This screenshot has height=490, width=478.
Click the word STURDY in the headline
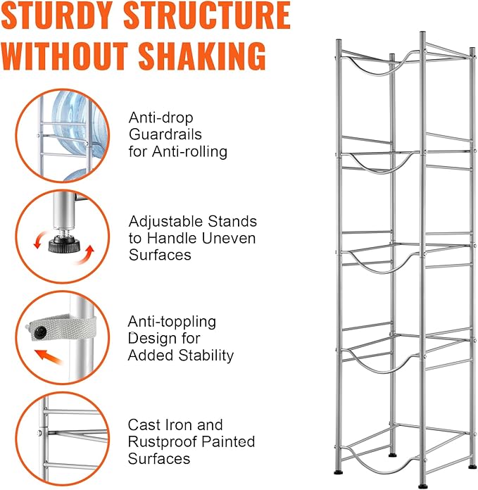tap(57, 15)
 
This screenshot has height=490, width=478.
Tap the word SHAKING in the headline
tap(202, 56)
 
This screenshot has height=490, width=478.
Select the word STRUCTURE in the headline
tap(207, 15)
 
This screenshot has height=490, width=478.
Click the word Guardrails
tap(165, 134)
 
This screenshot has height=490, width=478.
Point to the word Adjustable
tap(166, 222)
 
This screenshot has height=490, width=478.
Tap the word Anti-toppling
tap(172, 322)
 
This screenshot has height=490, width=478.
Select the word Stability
tap(206, 356)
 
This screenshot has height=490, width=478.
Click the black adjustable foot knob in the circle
tap(64, 244)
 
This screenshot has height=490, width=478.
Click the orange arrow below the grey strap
tap(49, 357)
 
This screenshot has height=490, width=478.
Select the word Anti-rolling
tap(189, 151)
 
